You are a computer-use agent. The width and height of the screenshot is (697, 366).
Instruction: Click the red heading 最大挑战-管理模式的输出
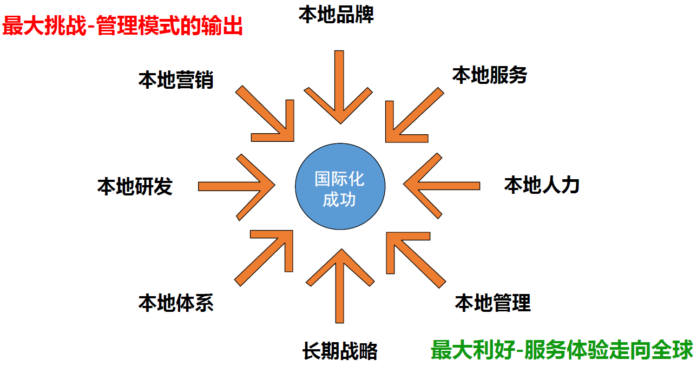pyautogui.click(x=122, y=26)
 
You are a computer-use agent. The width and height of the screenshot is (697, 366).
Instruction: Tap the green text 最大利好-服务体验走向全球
pyautogui.click(x=562, y=350)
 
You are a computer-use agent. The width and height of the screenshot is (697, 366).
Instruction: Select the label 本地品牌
pyautogui.click(x=336, y=15)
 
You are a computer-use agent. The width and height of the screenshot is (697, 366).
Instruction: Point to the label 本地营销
pyautogui.click(x=176, y=80)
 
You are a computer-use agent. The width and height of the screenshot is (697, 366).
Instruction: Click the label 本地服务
pyautogui.click(x=490, y=75)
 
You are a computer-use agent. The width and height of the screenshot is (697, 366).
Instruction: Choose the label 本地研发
pyautogui.click(x=135, y=186)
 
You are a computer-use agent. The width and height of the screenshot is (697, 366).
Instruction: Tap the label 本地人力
pyautogui.click(x=542, y=185)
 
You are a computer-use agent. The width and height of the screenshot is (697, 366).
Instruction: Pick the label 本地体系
pyautogui.click(x=176, y=303)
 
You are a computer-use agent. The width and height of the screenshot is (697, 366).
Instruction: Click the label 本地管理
pyautogui.click(x=493, y=303)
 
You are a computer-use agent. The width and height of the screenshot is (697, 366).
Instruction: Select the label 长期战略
pyautogui.click(x=340, y=351)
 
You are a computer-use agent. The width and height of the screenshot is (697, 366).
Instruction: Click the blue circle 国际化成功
pyautogui.click(x=340, y=186)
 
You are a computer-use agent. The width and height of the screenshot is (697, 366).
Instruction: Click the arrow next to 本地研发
pyautogui.click(x=236, y=186)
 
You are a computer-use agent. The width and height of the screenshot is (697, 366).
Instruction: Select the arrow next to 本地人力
pyautogui.click(x=442, y=186)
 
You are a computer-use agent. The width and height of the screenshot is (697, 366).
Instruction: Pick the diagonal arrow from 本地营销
pyautogui.click(x=265, y=114)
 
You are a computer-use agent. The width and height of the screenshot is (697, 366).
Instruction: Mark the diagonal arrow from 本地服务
pyautogui.click(x=415, y=115)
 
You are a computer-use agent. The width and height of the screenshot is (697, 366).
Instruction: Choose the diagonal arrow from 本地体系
pyautogui.click(x=264, y=258)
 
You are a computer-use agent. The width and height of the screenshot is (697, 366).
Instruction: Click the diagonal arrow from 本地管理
pyautogui.click(x=416, y=260)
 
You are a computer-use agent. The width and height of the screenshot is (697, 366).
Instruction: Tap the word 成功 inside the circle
pyautogui.click(x=339, y=199)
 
